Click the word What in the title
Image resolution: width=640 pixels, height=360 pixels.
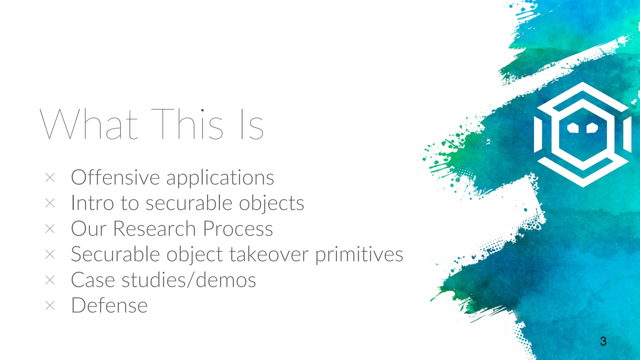(89, 124)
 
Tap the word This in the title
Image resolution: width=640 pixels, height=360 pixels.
(187, 124)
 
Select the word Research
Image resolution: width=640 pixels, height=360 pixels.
(154, 229)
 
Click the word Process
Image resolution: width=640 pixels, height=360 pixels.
(238, 229)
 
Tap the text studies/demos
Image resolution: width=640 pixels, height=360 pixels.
(188, 280)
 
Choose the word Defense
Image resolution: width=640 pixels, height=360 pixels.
(109, 306)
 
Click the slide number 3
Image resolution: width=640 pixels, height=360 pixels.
(603, 341)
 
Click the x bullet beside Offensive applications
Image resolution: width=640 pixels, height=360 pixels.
(50, 178)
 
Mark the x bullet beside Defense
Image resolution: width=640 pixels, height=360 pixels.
(50, 306)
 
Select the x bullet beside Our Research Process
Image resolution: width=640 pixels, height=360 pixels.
(50, 229)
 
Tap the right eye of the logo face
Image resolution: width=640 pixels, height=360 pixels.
(592, 128)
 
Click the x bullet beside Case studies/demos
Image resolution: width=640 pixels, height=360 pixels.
(50, 280)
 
